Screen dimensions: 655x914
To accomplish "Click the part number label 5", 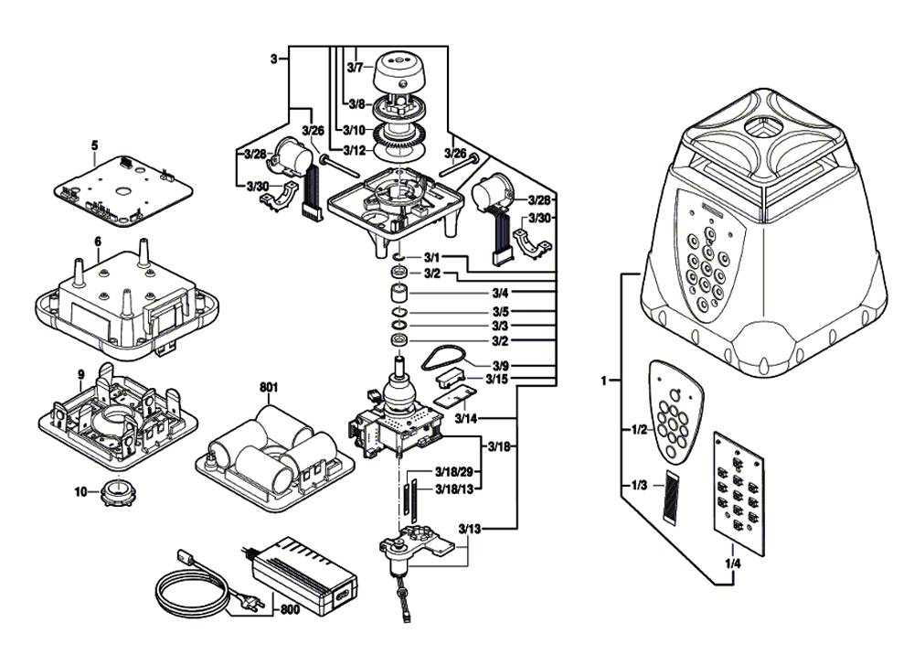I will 93,145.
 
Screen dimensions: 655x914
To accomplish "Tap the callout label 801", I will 268,387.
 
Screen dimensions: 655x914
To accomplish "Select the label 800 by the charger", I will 289,609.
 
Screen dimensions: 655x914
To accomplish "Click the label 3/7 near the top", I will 356,67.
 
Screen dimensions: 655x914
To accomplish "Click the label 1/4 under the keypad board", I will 731,564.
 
